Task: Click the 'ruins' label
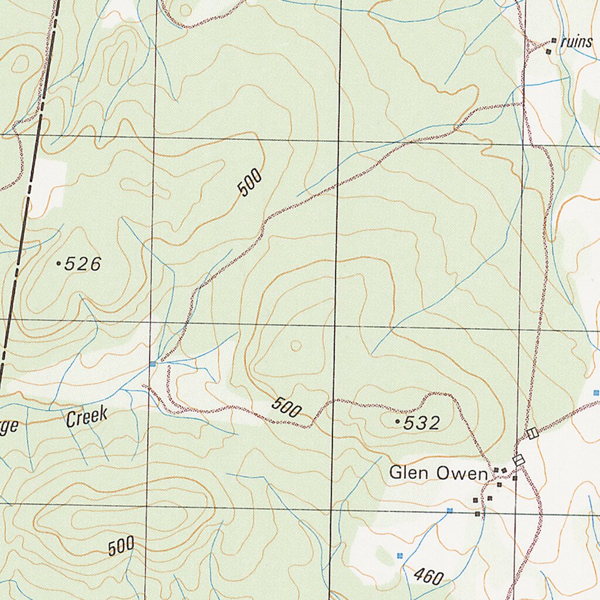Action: pos(577,42)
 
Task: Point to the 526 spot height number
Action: pos(83,265)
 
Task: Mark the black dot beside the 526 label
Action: pos(58,264)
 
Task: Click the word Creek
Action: pos(87,417)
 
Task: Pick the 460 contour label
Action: pos(428,576)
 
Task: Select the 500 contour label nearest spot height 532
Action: pos(287,408)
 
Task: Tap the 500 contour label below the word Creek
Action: pos(121,547)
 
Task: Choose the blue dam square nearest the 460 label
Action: pos(400,555)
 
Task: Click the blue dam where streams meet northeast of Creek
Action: pos(153,364)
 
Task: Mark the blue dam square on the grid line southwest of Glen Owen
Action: pos(449,510)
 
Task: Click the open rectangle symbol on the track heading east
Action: pos(532,434)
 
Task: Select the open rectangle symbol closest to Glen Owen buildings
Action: pos(518,461)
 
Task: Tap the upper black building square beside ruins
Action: pos(554,41)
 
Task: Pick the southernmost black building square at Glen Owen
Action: pos(478,514)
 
